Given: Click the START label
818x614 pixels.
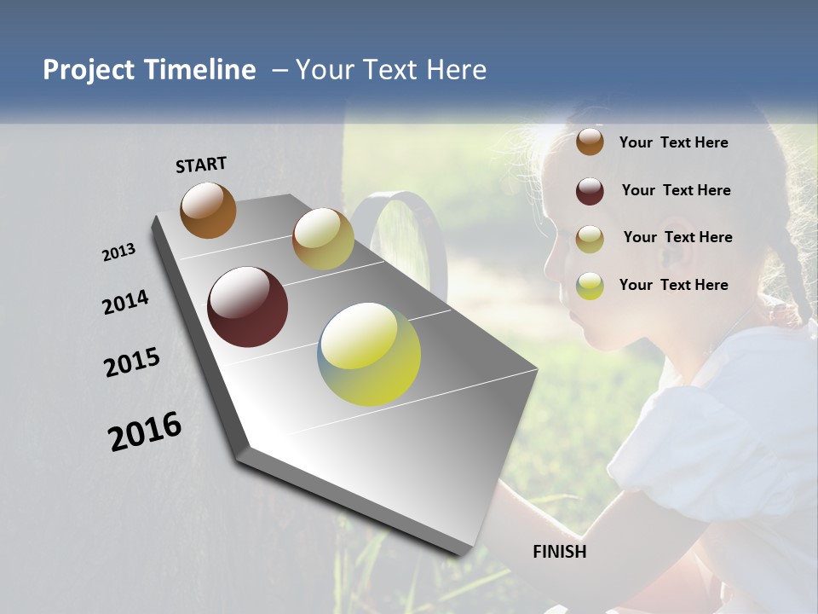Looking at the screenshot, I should coord(201,164).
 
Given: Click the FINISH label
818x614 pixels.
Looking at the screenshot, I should coord(559,552).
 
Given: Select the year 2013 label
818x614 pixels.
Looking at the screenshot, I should coord(118,252).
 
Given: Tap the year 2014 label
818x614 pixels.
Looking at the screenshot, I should coord(125,303).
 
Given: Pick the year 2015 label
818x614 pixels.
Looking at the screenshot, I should coord(132,362).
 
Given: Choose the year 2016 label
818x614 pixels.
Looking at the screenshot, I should coord(145,431).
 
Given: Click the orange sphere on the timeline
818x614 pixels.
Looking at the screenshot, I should coord(208,210).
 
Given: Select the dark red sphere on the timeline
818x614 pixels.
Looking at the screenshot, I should coord(247,307).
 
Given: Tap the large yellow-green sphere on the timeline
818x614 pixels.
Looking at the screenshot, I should coord(369,353).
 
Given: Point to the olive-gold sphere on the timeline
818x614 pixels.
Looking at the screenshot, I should coord(323,239).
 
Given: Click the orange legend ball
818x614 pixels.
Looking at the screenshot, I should coord(590,142).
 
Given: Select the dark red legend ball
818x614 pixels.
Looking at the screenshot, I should coord(590,191).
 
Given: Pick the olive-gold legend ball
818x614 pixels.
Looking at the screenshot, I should coord(590,238).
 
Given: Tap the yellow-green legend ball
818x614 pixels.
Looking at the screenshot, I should coord(590,286).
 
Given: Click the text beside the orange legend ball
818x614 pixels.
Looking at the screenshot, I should coord(673,142).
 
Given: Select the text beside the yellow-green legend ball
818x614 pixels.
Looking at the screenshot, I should coord(673,285).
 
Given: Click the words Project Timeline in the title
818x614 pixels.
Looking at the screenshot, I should coord(149,70).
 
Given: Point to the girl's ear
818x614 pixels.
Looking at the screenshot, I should coord(677,247).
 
